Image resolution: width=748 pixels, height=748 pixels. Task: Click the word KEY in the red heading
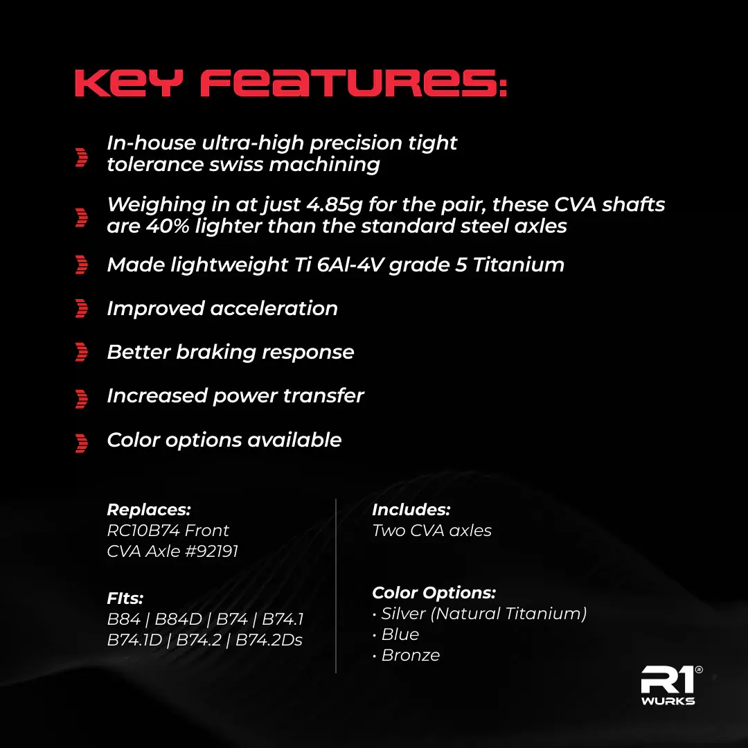129,84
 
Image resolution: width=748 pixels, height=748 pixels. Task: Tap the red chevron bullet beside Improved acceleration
82,309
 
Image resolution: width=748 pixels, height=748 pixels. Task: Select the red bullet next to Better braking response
82,352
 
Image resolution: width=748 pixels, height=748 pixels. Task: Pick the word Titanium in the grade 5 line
519,265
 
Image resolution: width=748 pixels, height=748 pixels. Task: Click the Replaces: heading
149,510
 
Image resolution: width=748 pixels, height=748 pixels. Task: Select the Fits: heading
125,598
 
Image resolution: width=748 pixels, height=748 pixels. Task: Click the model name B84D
179,619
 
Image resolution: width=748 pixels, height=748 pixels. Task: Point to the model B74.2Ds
269,640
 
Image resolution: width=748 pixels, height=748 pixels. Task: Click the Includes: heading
411,510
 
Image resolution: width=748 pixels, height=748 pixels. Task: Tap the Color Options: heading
434,593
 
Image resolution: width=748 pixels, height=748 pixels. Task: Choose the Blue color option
400,634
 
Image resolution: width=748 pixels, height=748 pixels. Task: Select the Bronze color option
410,655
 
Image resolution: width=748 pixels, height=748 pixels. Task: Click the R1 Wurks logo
670,686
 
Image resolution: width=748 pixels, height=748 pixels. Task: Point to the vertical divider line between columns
336,586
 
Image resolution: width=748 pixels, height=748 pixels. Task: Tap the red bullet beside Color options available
82,443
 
